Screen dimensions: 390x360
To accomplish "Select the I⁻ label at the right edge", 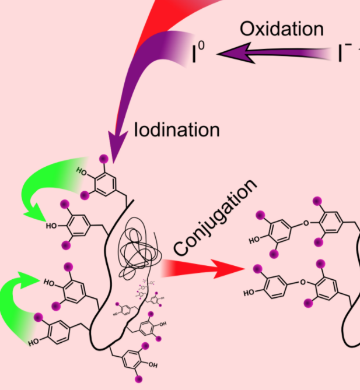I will (345, 54).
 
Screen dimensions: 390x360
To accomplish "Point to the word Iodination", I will (177, 128).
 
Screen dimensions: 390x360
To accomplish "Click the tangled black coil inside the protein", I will (137, 248).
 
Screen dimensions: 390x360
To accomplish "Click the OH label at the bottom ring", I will (153, 364).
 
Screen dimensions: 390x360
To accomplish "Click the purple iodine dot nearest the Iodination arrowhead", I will (104, 158).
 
